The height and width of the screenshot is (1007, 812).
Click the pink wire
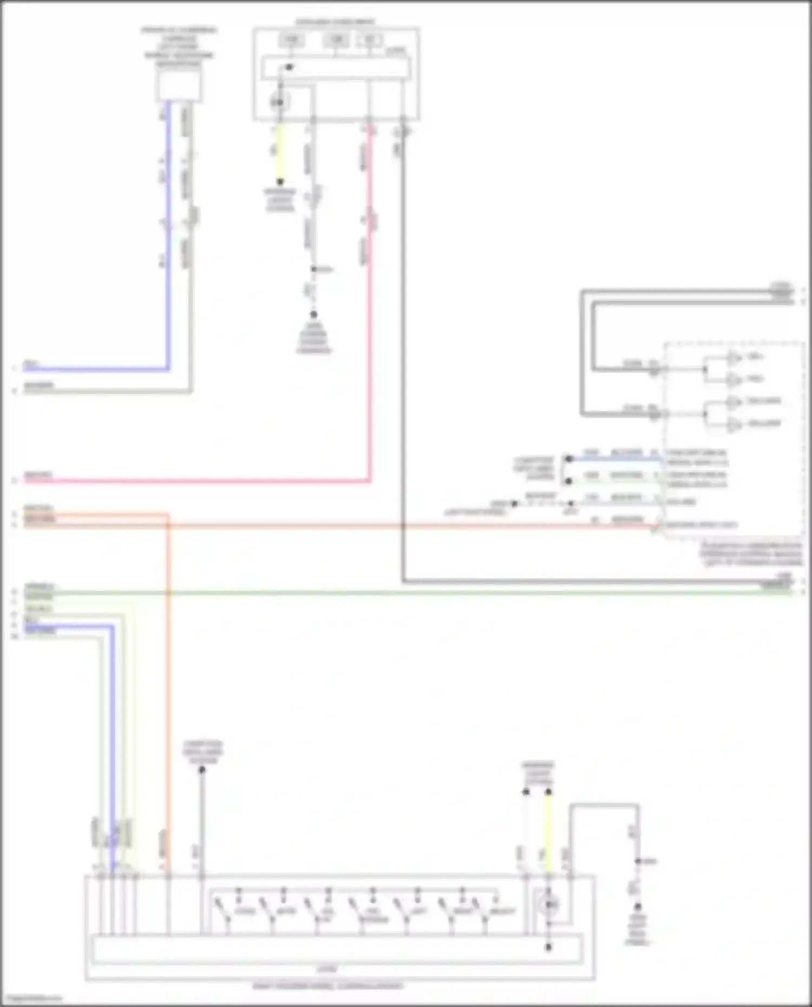click(370, 325)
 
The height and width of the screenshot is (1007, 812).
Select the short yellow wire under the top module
click(280, 154)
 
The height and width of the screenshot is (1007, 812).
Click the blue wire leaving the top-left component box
click(168, 243)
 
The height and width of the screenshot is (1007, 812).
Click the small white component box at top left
click(179, 85)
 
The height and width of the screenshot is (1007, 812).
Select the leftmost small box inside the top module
click(291, 40)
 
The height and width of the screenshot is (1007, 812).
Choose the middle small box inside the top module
click(336, 40)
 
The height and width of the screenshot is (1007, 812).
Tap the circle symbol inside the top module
click(280, 102)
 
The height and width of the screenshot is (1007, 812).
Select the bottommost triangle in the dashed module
click(734, 425)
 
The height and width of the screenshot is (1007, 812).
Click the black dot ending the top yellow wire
click(280, 182)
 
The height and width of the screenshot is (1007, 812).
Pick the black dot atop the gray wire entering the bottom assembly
click(202, 770)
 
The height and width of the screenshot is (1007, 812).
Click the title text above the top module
click(335, 22)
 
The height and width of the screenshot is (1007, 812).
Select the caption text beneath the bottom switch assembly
click(328, 986)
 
